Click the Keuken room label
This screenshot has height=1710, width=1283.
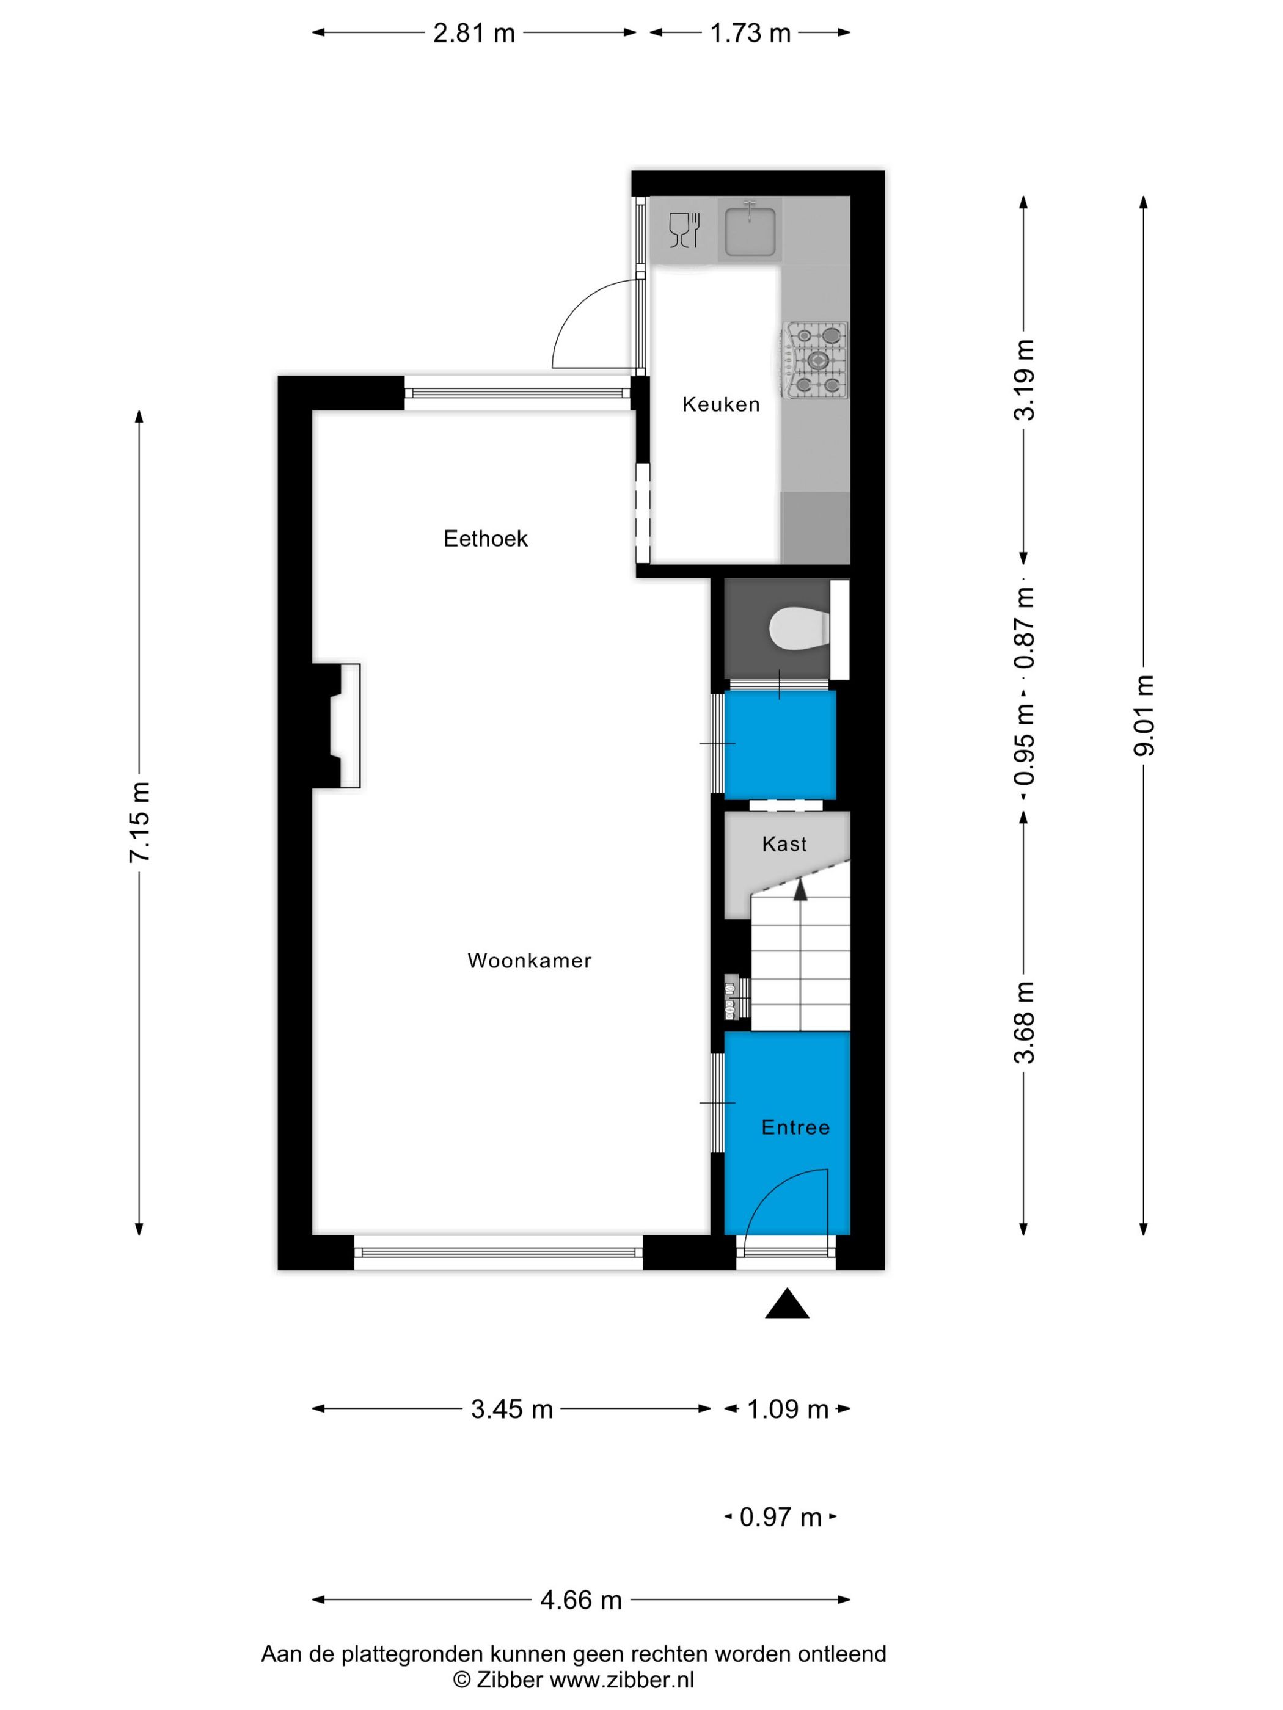pos(720,404)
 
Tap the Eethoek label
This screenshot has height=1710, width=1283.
pos(485,538)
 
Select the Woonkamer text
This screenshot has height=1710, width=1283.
pos(529,960)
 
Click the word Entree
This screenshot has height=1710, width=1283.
pos(795,1127)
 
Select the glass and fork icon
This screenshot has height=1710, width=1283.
pos(684,230)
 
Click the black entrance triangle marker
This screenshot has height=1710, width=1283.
pos(786,1303)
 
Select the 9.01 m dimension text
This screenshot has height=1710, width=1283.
pos(1143,715)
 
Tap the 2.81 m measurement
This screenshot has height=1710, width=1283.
pos(473,32)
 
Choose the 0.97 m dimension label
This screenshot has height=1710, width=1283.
pos(780,1517)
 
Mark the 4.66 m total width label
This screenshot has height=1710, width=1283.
pos(581,1599)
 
